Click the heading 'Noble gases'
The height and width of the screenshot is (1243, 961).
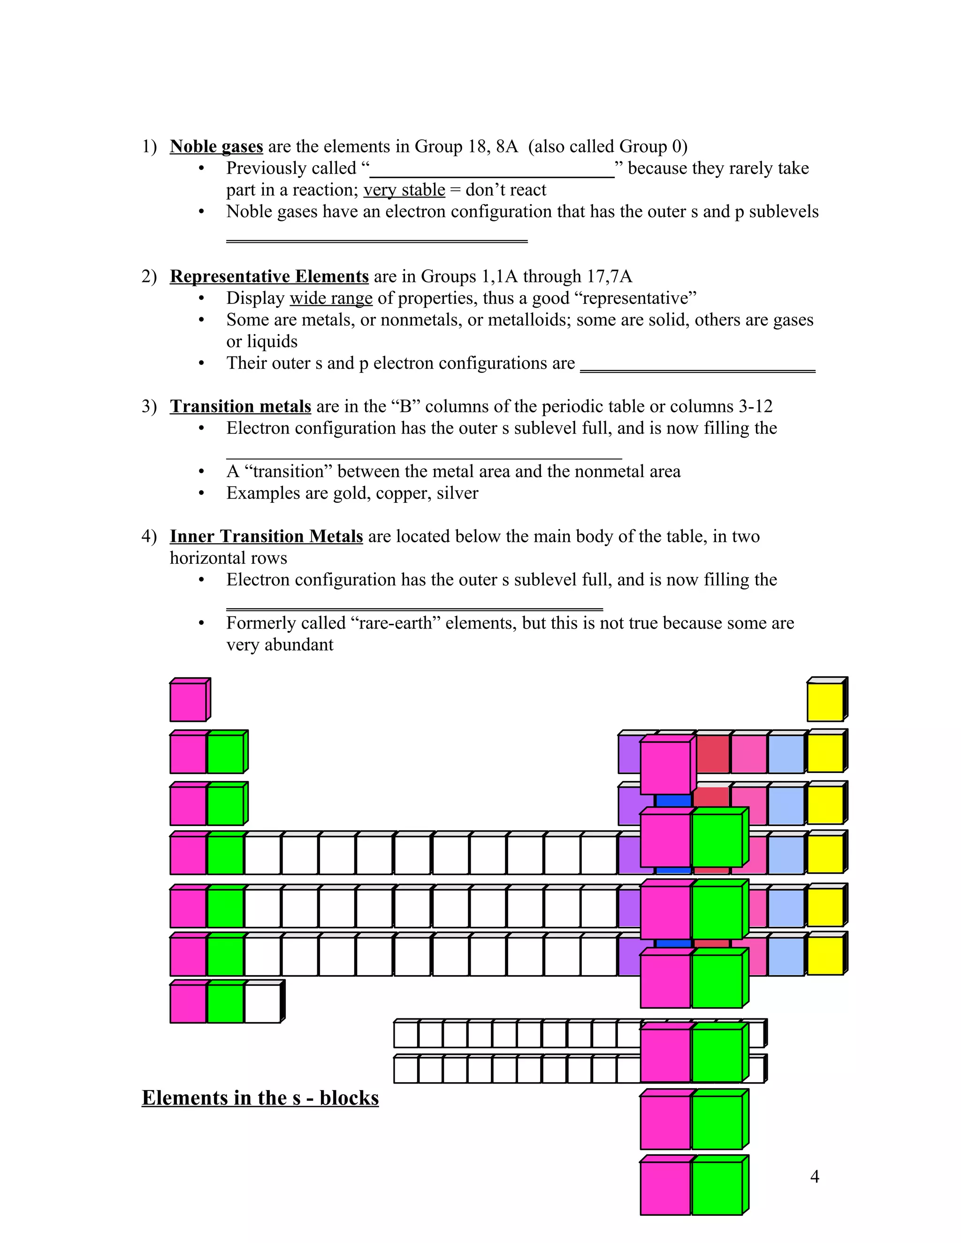216,147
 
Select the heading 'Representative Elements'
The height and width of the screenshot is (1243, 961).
269,277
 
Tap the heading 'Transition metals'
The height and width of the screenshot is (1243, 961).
240,406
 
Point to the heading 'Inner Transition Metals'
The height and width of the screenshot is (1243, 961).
267,536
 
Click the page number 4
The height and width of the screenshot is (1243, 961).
815,1176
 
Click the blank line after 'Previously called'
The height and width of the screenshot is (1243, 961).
492,177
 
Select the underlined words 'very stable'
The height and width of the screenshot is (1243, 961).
404,190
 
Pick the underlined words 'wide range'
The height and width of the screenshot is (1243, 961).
331,299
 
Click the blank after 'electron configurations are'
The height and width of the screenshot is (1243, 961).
698,371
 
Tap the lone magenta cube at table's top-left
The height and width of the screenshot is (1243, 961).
190,699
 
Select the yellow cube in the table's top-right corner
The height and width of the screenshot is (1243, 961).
827,699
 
